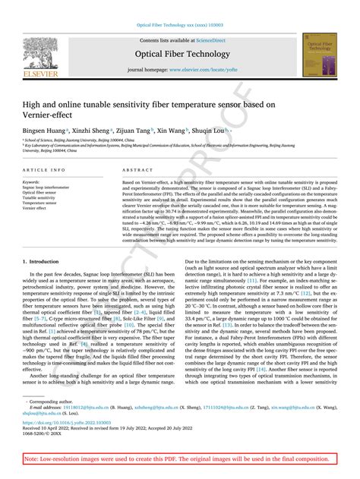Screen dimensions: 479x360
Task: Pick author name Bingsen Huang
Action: tap(43, 131)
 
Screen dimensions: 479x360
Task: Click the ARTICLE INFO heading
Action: tap(44, 170)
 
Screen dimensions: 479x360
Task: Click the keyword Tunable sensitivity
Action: tap(40, 198)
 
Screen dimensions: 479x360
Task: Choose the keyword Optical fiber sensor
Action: tap(40, 193)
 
